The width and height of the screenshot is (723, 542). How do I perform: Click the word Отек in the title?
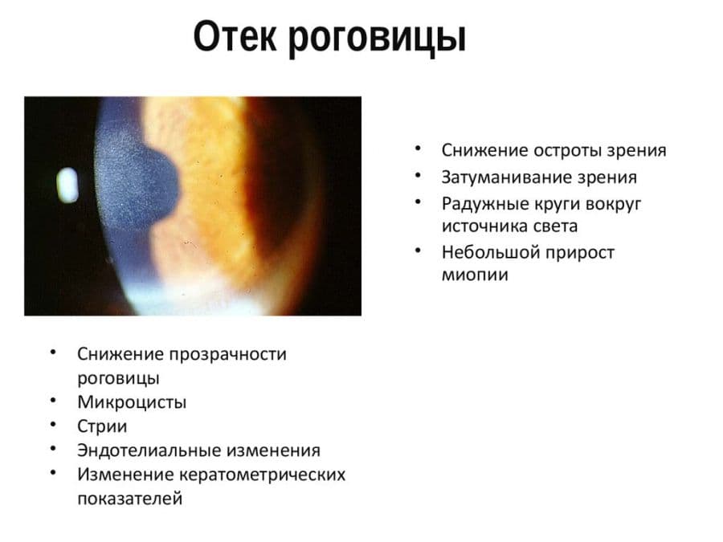pyautogui.click(x=235, y=36)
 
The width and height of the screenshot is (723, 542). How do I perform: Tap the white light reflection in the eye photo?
pyautogui.click(x=67, y=185)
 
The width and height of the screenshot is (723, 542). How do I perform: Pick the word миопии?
pyautogui.click(x=475, y=275)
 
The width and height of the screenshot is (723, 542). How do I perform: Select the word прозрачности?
pyautogui.click(x=228, y=354)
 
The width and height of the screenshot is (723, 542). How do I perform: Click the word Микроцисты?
pyautogui.click(x=132, y=403)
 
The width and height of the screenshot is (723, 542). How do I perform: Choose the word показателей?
pyautogui.click(x=130, y=499)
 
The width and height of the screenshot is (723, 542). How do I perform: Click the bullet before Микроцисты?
pyautogui.click(x=53, y=400)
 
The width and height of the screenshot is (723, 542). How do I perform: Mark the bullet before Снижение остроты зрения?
pyautogui.click(x=418, y=149)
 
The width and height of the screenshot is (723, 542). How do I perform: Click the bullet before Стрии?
pyautogui.click(x=53, y=424)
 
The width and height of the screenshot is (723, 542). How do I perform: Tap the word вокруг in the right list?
pyautogui.click(x=613, y=204)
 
